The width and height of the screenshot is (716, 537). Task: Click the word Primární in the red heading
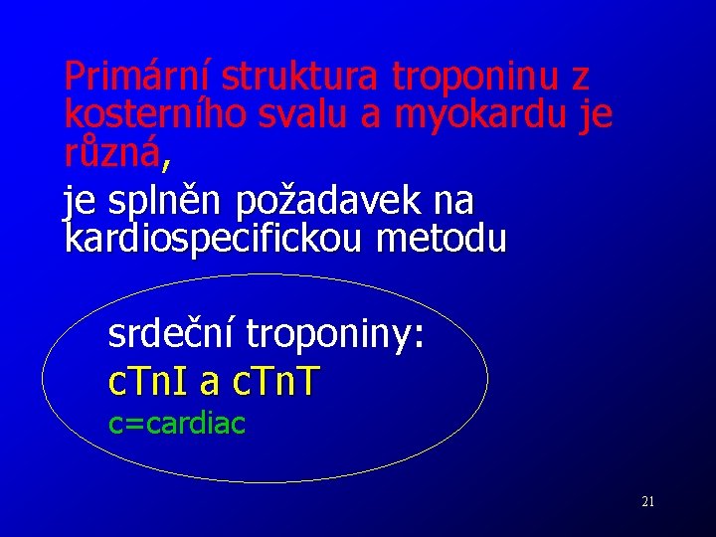pyautogui.click(x=138, y=76)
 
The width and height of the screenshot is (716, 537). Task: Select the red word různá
pyautogui.click(x=110, y=151)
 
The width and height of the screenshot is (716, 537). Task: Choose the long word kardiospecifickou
pyautogui.click(x=217, y=239)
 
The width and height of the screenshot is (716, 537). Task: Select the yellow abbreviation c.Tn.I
pyautogui.click(x=148, y=381)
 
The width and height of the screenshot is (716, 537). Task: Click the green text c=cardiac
pyautogui.click(x=177, y=424)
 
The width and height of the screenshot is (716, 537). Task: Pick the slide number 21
pyautogui.click(x=647, y=502)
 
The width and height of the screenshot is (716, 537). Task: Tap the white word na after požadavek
pyautogui.click(x=454, y=201)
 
